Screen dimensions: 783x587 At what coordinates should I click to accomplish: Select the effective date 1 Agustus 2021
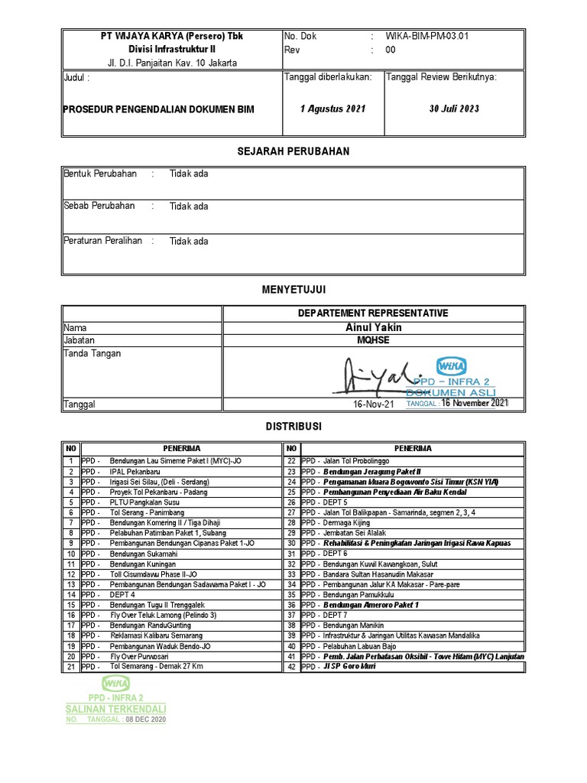pos(332,109)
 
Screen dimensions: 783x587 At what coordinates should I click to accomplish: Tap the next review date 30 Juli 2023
pos(454,109)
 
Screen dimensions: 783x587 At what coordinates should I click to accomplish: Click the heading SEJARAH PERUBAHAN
pos(293,151)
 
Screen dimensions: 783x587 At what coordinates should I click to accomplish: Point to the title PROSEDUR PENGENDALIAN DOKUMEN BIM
pos(158,109)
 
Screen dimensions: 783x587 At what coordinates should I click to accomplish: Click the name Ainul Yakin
pos(373,327)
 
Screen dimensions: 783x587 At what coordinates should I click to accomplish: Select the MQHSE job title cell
pos(373,340)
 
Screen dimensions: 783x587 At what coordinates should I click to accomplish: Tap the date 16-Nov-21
pos(374,404)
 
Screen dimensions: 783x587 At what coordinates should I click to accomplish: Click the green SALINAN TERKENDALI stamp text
pos(116,710)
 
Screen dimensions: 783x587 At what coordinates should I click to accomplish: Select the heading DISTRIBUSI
pos(293,426)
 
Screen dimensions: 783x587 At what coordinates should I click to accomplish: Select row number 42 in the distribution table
pos(291,667)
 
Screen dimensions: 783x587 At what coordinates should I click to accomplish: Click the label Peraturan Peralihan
pos(103,241)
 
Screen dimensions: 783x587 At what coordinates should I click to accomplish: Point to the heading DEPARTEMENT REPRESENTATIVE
pos(373,313)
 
